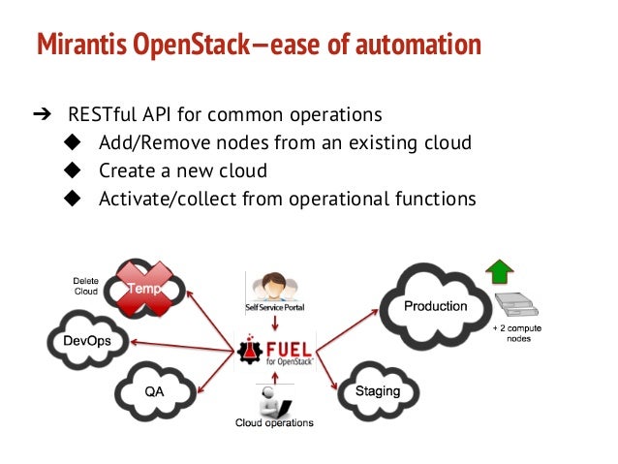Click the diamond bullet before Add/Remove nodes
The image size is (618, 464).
(71, 143)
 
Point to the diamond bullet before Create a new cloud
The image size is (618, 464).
(71, 170)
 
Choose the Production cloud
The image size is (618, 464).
(435, 306)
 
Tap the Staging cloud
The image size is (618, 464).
(377, 389)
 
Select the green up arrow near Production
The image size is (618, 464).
(501, 270)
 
